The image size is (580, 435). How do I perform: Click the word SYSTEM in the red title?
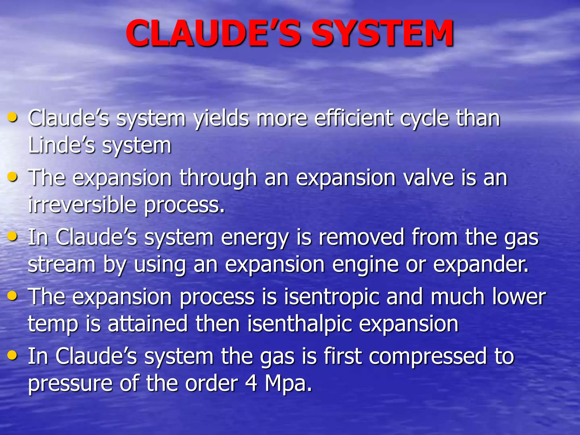382,33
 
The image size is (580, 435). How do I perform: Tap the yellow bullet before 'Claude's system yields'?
12,117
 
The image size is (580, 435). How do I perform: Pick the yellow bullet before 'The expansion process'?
12,296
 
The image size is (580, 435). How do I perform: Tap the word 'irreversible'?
82,204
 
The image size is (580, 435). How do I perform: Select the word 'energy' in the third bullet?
255,238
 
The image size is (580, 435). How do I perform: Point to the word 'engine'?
365,265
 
